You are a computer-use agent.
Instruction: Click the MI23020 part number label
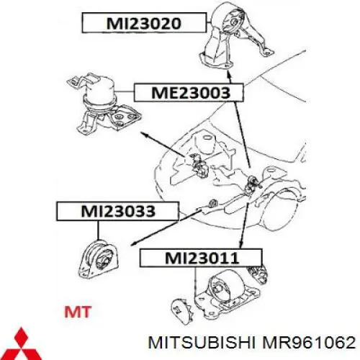(144, 23)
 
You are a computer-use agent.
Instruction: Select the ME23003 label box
(189, 92)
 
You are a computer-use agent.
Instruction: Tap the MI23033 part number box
(117, 211)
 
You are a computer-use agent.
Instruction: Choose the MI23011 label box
(201, 258)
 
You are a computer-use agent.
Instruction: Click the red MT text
(78, 312)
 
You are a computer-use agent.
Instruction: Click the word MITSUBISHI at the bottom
(201, 343)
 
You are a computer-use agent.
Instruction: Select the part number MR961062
(309, 343)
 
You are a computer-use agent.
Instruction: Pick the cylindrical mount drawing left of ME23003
(103, 103)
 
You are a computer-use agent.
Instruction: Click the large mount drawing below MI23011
(227, 294)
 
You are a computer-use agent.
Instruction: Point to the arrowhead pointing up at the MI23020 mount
(228, 73)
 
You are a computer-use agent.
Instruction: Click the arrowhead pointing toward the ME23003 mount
(144, 134)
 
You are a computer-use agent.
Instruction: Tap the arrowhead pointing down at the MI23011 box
(241, 245)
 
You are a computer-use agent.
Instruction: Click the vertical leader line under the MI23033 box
(98, 230)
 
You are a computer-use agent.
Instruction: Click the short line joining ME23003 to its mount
(124, 92)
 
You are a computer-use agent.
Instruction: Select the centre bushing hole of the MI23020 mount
(233, 22)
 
